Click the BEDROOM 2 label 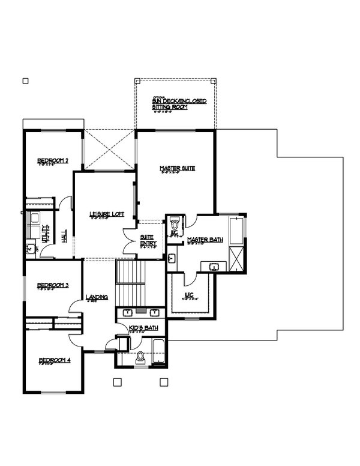[53, 160]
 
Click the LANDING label [97, 297]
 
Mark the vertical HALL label [64, 237]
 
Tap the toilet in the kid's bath [142, 358]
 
